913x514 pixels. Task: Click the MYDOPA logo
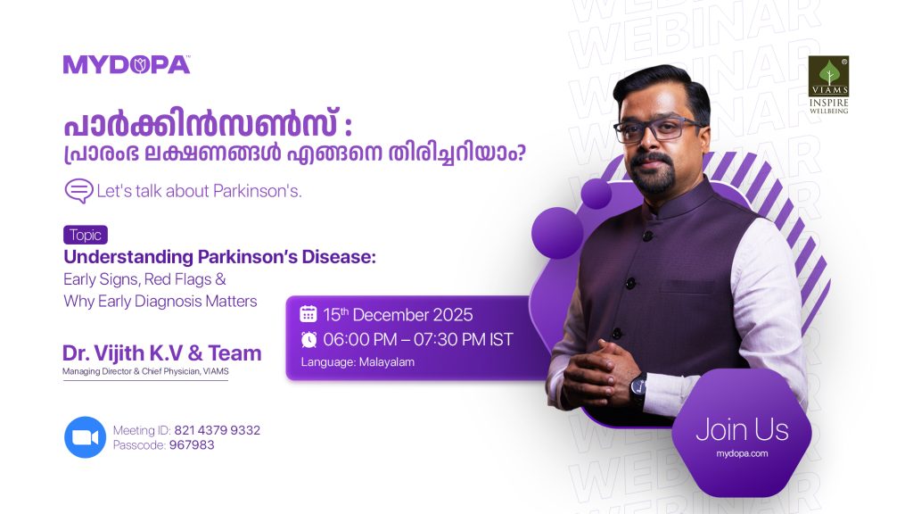point(126,64)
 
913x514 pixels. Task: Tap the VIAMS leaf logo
point(828,73)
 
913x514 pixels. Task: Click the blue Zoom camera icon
point(85,437)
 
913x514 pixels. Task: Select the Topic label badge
point(86,236)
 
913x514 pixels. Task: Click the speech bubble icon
point(78,191)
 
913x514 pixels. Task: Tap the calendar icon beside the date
point(308,314)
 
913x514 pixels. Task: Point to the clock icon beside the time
point(308,339)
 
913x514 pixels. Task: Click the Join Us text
point(742,429)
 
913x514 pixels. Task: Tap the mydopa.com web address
point(742,454)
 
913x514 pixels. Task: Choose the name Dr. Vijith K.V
point(130,353)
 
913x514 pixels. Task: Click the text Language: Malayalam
point(358,362)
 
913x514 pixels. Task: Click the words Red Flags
point(179,279)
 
